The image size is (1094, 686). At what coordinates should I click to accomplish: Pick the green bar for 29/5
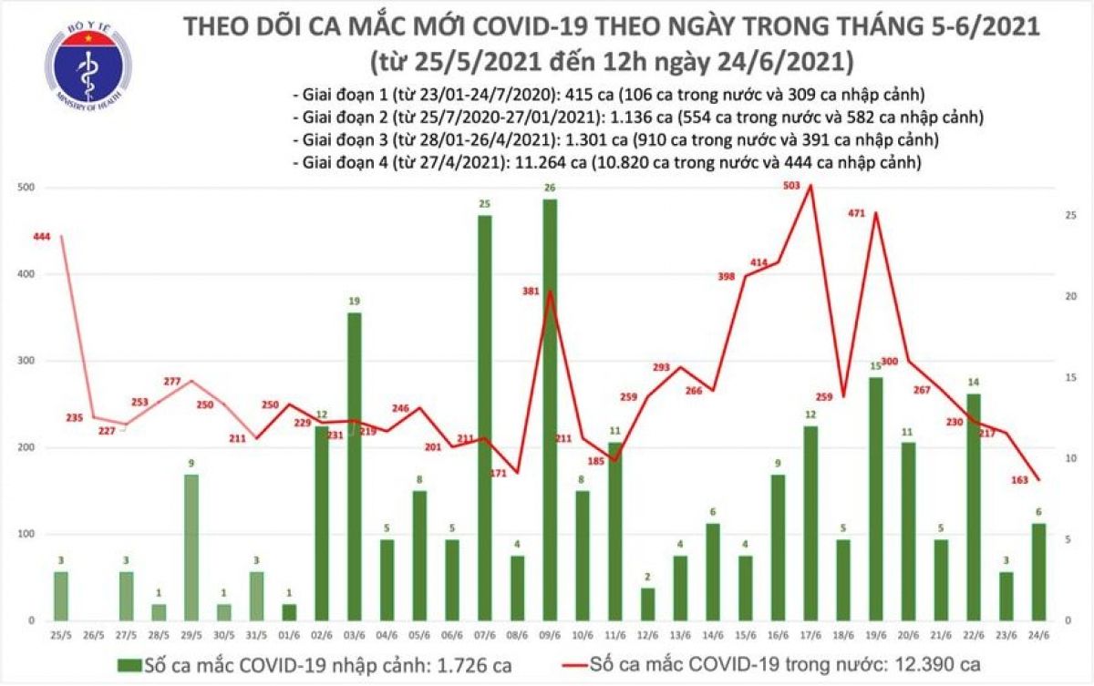[x=191, y=547]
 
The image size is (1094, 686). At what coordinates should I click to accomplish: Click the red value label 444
[x=40, y=237]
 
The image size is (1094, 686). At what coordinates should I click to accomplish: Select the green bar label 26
[x=550, y=189]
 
